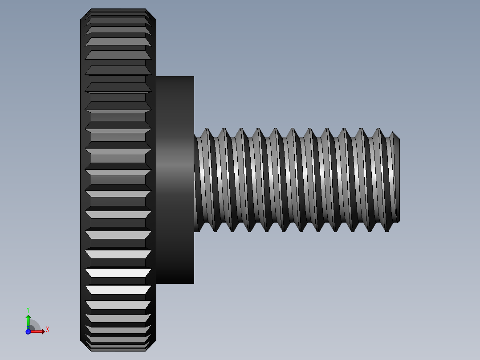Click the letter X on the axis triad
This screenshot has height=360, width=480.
tap(48, 329)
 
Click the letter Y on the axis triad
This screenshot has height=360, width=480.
tap(28, 309)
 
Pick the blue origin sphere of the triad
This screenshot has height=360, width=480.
tap(28, 331)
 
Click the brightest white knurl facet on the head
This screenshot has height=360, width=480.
tap(118, 272)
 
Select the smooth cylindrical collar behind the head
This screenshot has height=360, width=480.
tap(175, 178)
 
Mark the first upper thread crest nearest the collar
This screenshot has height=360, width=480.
tap(206, 129)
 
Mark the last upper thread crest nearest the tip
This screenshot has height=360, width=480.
tap(379, 129)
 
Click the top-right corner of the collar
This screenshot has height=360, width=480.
tap(193, 77)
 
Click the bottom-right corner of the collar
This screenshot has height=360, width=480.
tap(193, 283)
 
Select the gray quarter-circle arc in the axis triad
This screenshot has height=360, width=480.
tap(36, 324)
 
